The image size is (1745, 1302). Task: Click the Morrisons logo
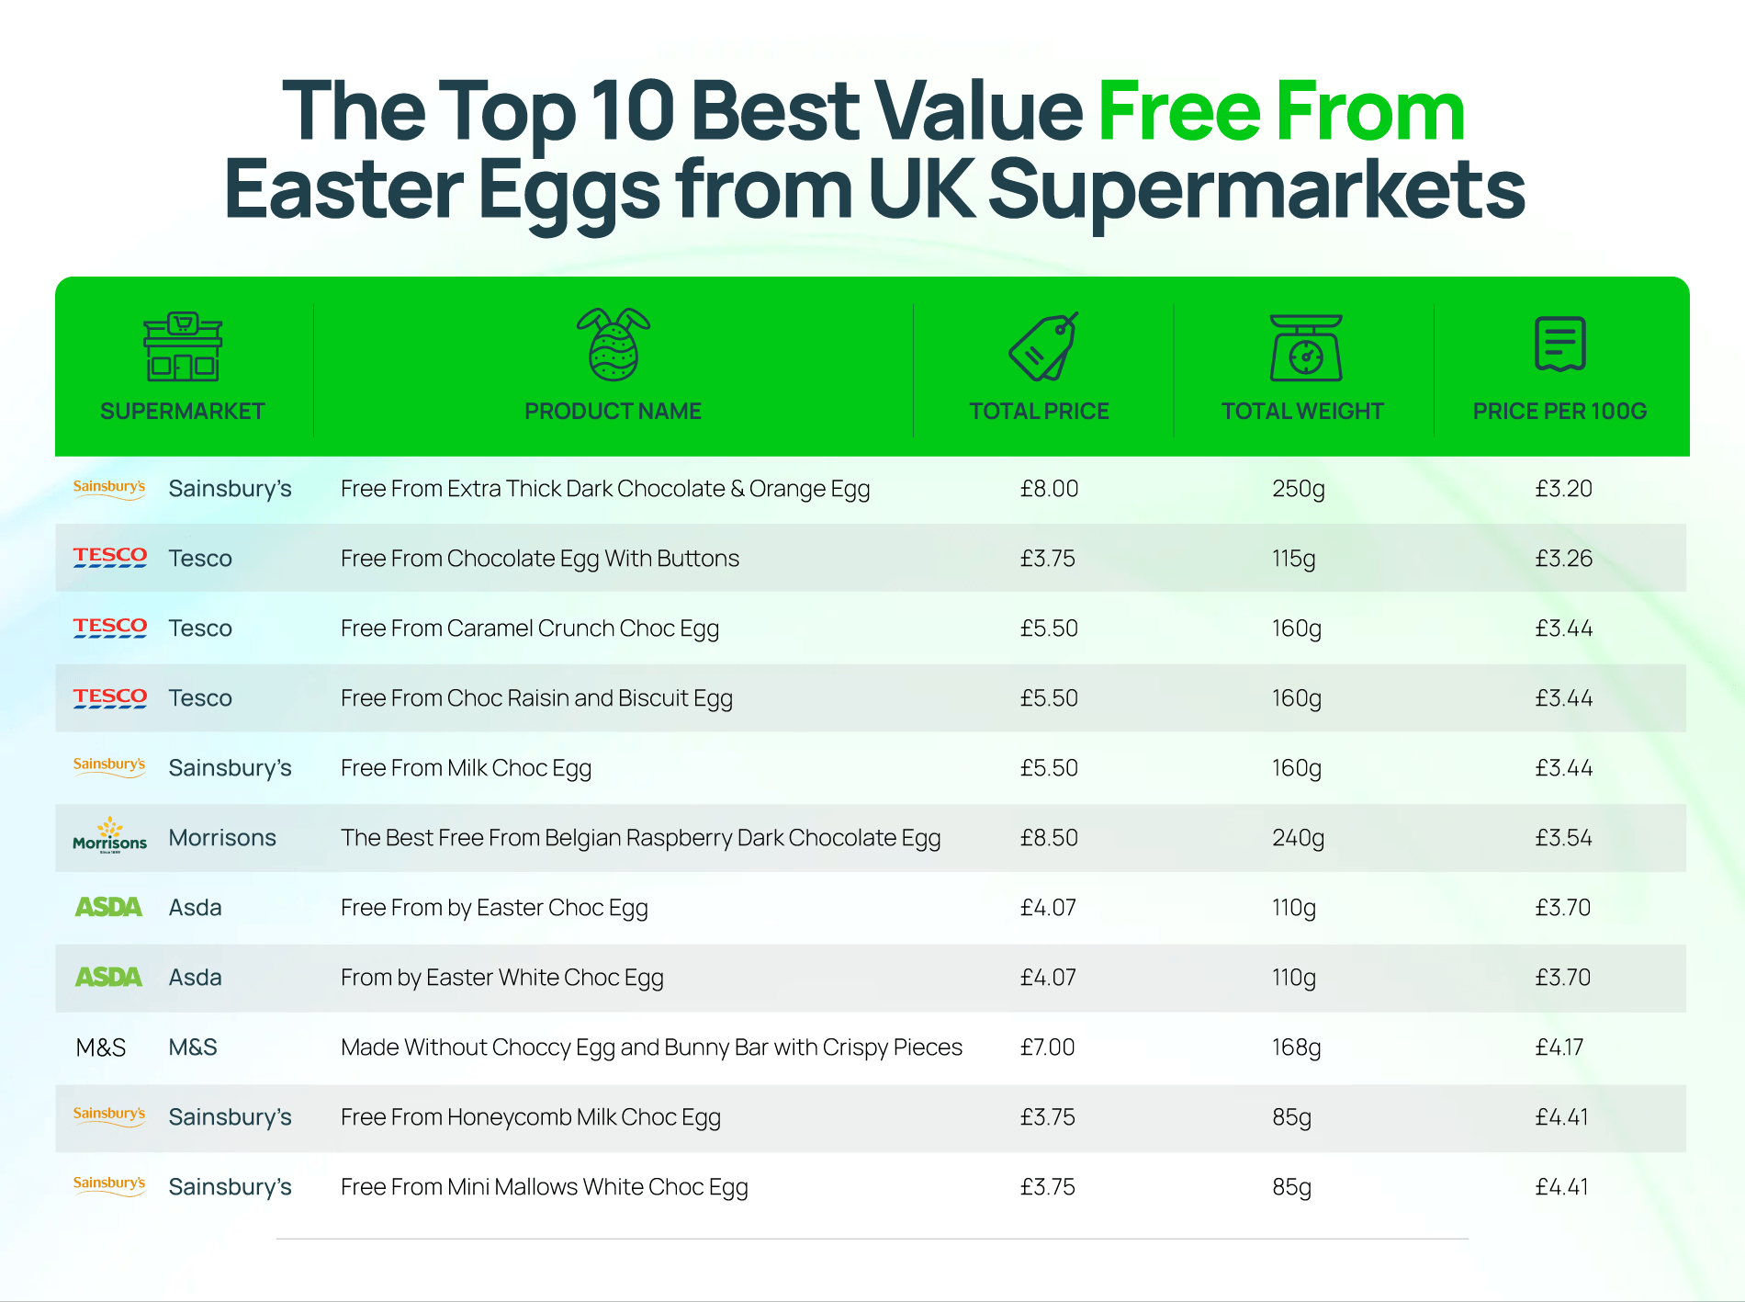pos(109,835)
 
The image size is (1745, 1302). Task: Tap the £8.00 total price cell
pos(1049,489)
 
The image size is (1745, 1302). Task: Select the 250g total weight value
pos(1298,490)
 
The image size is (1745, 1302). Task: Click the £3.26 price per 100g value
pos(1563,559)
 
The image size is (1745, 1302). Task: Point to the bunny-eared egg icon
pos(614,345)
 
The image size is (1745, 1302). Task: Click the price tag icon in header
pos(1043,345)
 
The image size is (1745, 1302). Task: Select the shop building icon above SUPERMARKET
pos(183,346)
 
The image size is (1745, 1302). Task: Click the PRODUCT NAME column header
pos(613,411)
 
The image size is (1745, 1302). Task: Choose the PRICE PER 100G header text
pos(1559,411)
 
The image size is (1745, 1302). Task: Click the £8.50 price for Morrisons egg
pos(1049,838)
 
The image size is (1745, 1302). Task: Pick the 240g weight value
pos(1298,839)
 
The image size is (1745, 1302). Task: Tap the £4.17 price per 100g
pos(1559,1047)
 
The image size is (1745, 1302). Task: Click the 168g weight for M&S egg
pos(1296,1048)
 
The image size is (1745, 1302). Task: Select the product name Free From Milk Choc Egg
pos(466,769)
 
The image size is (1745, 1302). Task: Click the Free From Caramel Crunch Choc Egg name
pos(530,629)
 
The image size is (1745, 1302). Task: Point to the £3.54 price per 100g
pos(1563,838)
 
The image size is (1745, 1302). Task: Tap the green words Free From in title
pos(1281,111)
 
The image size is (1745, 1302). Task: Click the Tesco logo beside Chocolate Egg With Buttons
pos(110,557)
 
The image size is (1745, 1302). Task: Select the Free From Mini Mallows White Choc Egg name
pos(545,1188)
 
